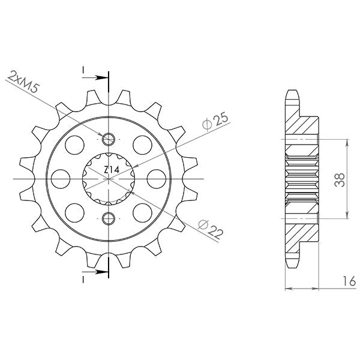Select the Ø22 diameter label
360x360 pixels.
(x=208, y=229)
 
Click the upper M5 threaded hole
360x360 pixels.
(x=109, y=140)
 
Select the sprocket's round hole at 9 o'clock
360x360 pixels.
(x=60, y=178)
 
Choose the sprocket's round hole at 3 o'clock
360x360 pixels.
(x=157, y=178)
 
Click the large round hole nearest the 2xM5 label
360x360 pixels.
(x=74, y=144)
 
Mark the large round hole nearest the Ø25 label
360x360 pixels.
(x=143, y=144)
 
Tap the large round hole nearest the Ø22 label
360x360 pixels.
(x=143, y=212)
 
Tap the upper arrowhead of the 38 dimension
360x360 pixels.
(x=347, y=142)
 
